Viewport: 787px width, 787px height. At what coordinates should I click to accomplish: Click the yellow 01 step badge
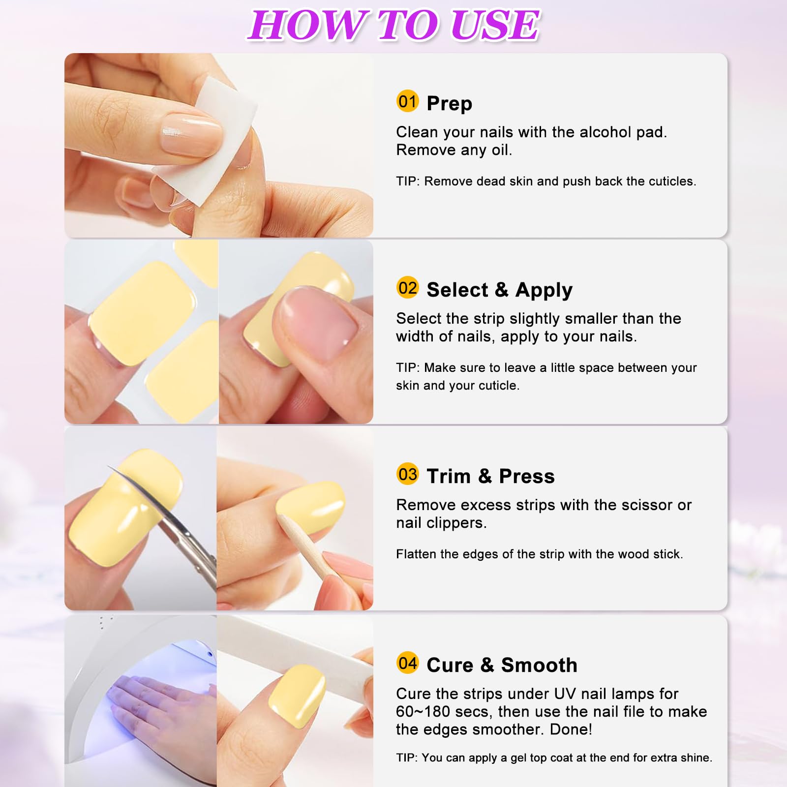coord(408,101)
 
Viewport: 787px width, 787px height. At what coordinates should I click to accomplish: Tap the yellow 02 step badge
coord(408,288)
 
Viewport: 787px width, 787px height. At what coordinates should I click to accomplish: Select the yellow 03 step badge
coord(408,474)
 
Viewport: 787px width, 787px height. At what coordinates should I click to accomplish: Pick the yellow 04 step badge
coord(408,663)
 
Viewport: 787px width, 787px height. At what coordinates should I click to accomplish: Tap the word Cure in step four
coord(450,665)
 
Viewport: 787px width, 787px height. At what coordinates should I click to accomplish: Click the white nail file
coord(295,644)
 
